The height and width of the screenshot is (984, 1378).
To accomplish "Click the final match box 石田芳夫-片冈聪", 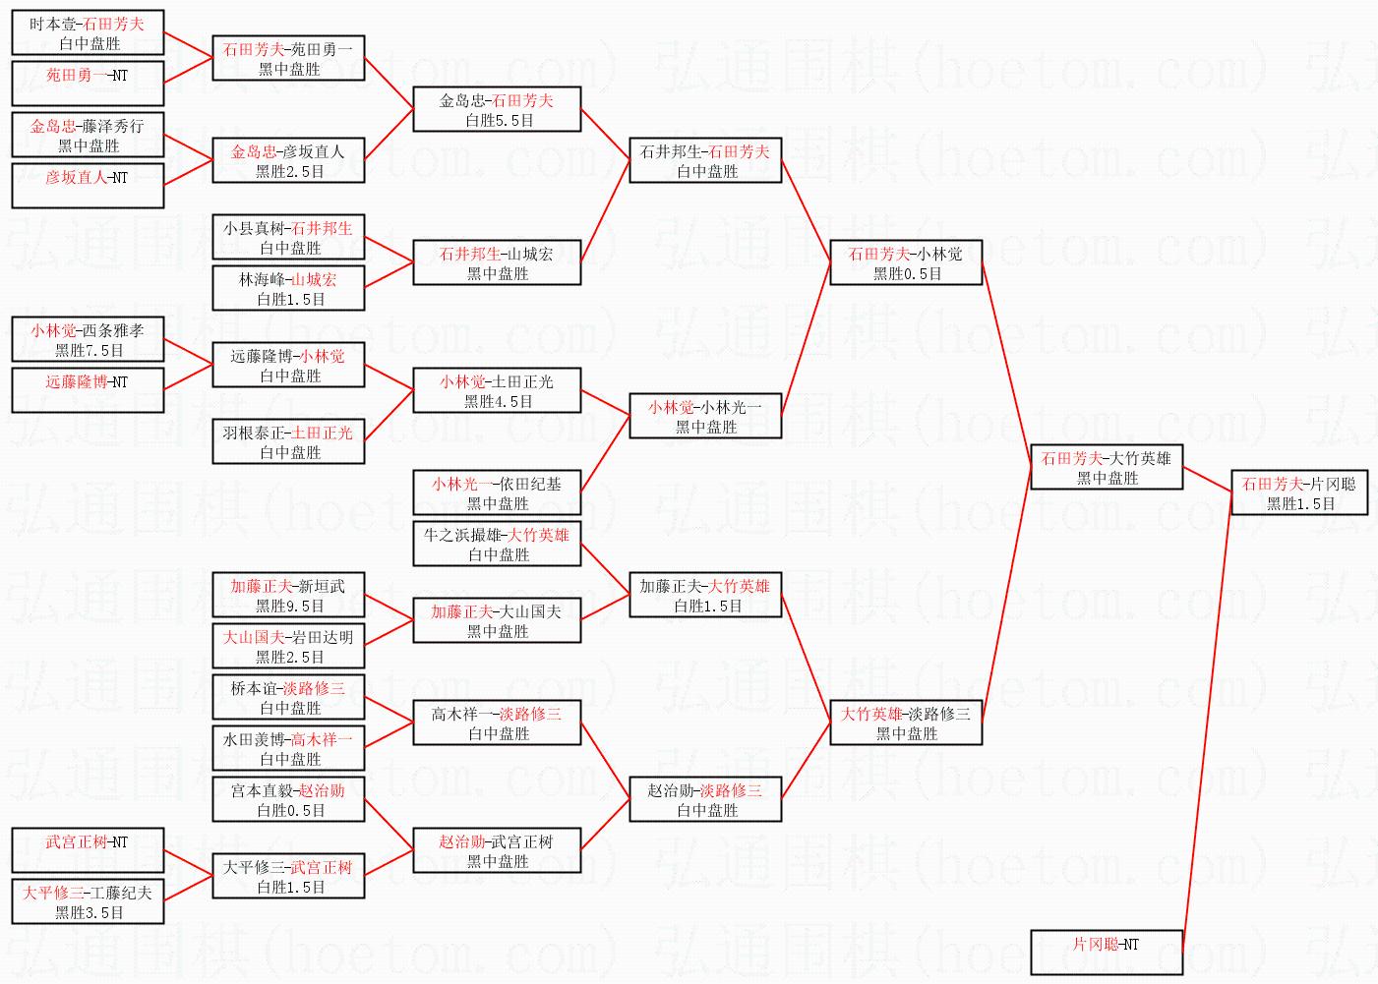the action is click(1299, 492).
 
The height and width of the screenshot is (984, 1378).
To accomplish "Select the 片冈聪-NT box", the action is click(1107, 953).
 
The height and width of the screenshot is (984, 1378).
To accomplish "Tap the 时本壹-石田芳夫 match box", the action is click(88, 32).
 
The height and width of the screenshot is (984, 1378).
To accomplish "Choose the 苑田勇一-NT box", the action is click(88, 83).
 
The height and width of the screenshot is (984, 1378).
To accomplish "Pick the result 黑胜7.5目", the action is click(90, 351).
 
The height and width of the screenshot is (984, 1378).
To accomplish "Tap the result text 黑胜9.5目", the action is click(290, 607).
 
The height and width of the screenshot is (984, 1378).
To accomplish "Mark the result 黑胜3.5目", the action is click(90, 913).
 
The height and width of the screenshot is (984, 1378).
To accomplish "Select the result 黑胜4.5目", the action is click(498, 402).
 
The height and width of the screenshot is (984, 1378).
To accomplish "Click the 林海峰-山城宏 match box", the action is click(288, 288).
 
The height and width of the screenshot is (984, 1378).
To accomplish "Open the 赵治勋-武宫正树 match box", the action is click(497, 850).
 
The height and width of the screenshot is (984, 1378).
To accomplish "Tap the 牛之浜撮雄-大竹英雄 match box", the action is click(497, 544).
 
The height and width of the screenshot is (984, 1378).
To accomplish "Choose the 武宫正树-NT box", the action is click(88, 850).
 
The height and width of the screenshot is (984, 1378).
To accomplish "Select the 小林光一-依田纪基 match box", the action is click(497, 492).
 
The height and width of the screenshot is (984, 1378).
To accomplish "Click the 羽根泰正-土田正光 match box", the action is click(288, 441).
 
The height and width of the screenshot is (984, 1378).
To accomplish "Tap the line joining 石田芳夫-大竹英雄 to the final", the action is click(1207, 480).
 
